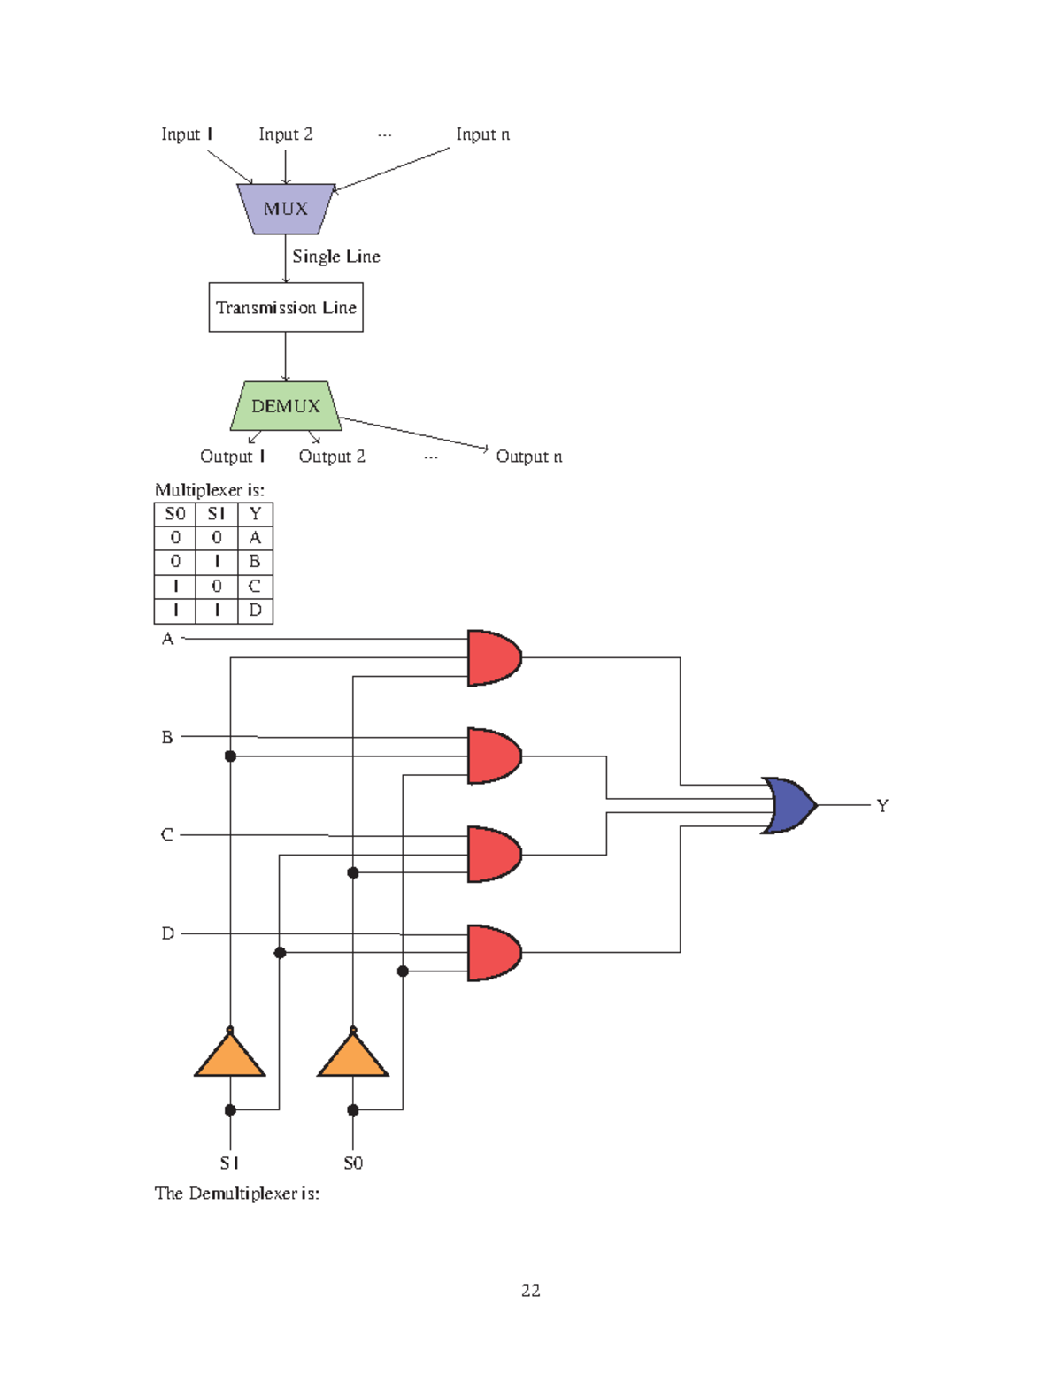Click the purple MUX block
[x=285, y=209]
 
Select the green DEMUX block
[x=285, y=406]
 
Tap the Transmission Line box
[x=286, y=307]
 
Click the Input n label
[x=482, y=134]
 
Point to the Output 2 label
[x=332, y=457]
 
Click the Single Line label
[x=336, y=257]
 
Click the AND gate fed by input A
[x=493, y=657]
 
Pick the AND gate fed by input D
[x=493, y=953]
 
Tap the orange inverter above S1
[x=230, y=1055]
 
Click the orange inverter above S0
[x=353, y=1055]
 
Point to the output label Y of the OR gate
[x=882, y=805]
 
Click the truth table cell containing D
[x=255, y=610]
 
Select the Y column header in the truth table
[x=255, y=514]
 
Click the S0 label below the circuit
[x=353, y=1163]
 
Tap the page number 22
[x=531, y=1290]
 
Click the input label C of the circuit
[x=166, y=834]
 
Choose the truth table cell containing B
[x=255, y=562]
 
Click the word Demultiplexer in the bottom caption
[x=242, y=1194]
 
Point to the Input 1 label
[x=187, y=134]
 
